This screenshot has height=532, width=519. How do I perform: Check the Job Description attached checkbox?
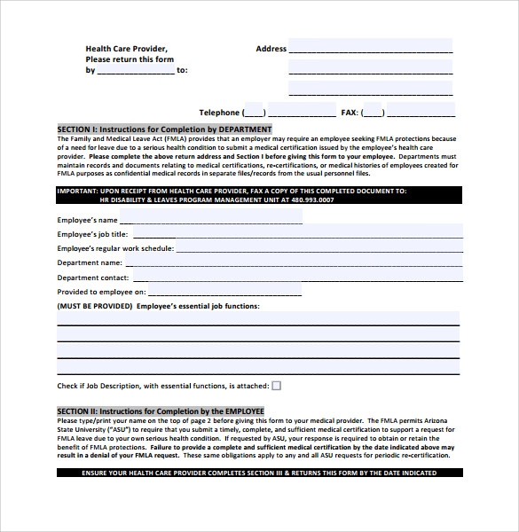(276, 386)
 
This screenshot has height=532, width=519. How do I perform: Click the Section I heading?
(177, 129)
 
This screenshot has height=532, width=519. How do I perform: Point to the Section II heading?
(161, 411)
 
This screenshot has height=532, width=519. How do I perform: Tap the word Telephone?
(218, 113)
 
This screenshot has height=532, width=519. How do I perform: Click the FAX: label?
(350, 113)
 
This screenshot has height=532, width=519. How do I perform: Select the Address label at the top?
(271, 49)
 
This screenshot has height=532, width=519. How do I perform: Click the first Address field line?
(370, 47)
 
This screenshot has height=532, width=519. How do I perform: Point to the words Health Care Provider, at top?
(126, 49)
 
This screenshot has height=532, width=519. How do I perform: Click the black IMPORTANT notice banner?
(258, 195)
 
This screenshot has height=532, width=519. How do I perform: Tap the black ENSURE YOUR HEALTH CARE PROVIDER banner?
(258, 473)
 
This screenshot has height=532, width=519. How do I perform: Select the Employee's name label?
(87, 219)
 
